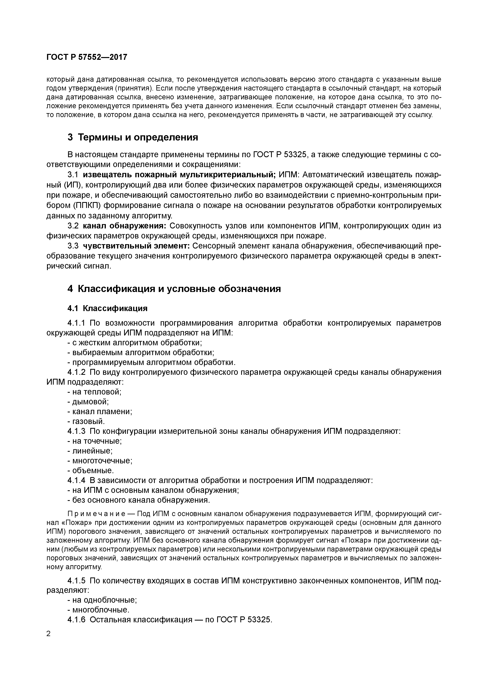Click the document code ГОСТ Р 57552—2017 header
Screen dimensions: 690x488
pos(87,57)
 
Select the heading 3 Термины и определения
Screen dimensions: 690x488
pos(133,137)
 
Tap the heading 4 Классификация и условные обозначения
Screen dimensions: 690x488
pos(174,289)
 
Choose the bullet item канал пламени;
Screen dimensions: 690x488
pos(100,411)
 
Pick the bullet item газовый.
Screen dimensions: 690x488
pos(86,421)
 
